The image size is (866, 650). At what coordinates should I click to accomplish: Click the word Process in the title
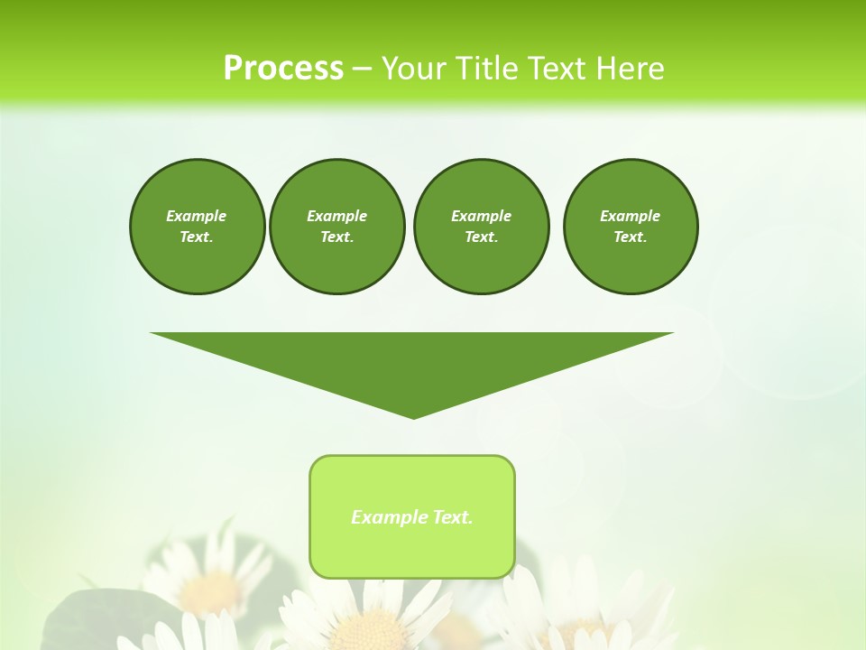[x=283, y=68]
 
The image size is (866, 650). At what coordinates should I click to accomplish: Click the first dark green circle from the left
[x=197, y=227]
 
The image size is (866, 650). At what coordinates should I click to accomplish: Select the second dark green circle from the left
[x=336, y=227]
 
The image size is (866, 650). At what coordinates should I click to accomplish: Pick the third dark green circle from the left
[x=481, y=227]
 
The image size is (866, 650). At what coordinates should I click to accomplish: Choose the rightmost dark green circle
[x=630, y=227]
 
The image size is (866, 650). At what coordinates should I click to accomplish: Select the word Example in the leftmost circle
[x=197, y=216]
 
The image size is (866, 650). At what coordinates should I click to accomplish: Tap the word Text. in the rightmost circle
[x=630, y=237]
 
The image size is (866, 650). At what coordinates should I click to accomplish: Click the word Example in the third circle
[x=481, y=216]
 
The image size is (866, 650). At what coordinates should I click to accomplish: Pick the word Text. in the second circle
[x=336, y=237]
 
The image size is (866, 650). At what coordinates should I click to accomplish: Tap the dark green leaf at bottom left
[x=81, y=618]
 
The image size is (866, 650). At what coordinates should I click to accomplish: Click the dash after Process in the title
[x=362, y=69]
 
